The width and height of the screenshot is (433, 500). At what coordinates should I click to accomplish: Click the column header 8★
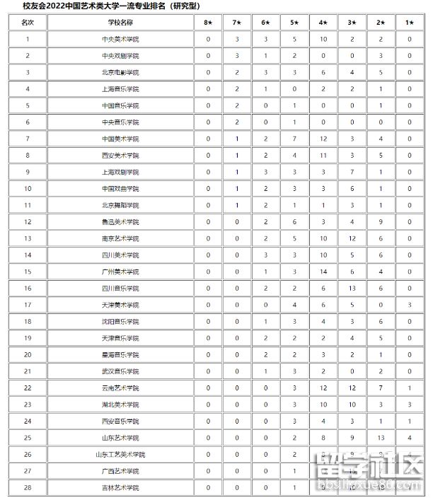pos(208,23)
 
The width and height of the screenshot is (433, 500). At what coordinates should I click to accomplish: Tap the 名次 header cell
pos(28,23)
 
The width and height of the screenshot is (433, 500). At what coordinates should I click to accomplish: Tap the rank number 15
pos(28,272)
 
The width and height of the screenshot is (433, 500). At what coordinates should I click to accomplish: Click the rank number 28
pos(28,488)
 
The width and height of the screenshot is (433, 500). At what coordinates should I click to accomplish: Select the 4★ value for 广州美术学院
pos(323,272)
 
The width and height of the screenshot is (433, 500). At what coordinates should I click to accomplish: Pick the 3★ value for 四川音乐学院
pos(352,289)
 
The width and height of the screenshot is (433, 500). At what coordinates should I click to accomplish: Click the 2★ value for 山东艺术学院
pos(381,438)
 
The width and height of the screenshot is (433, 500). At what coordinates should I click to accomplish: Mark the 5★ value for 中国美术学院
pos(294,139)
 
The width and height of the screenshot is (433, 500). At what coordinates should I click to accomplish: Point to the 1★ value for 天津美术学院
pos(410,305)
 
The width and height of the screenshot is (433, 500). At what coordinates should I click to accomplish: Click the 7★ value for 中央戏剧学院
pos(237,55)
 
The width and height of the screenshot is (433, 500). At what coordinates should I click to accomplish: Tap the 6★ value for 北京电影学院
pos(265,72)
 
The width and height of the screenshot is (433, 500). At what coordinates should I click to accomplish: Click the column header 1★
pos(410,23)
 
